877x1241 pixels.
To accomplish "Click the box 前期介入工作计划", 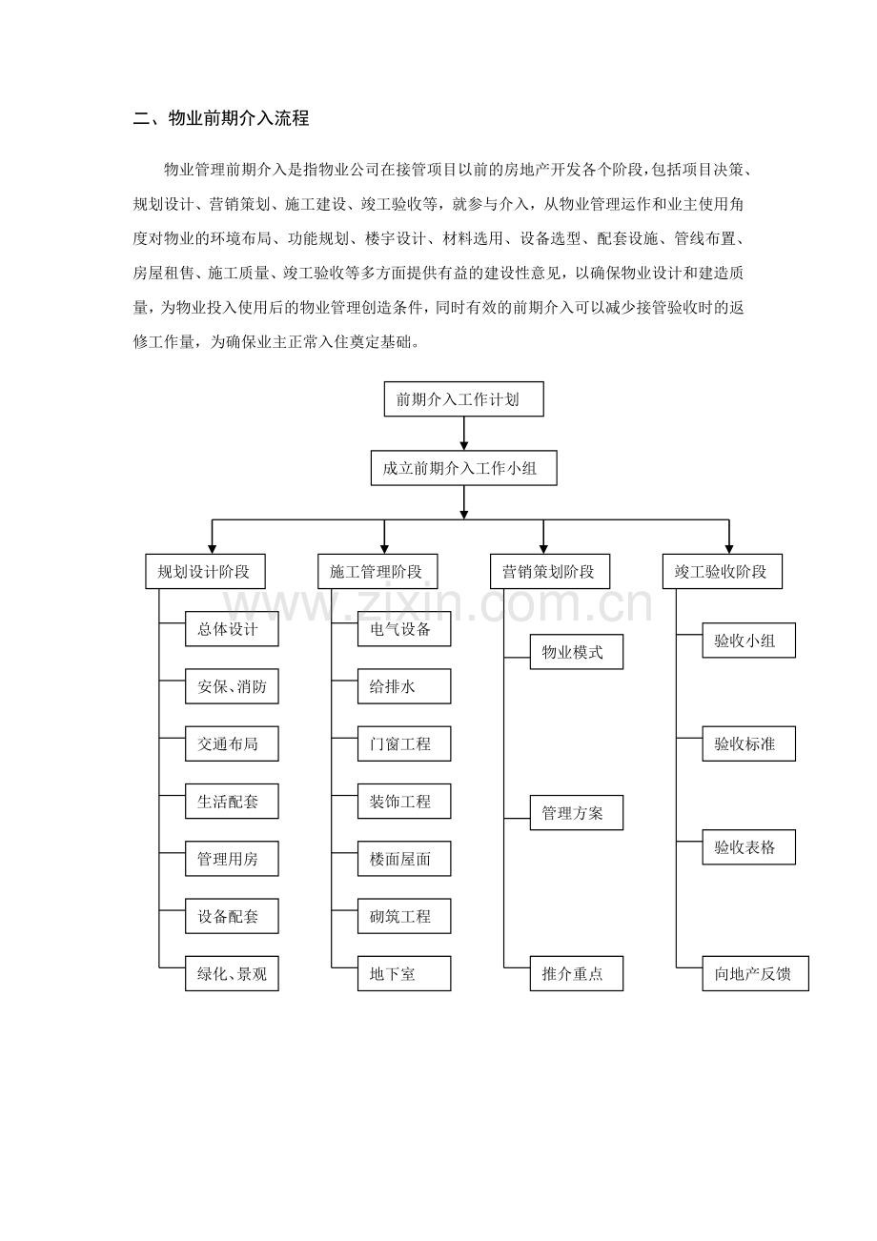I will click(463, 399).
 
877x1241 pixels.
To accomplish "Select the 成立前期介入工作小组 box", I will click(463, 468).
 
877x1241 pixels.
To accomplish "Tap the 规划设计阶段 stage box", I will click(204, 572).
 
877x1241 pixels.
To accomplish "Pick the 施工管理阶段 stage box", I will click(377, 572).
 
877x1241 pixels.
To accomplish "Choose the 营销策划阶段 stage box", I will click(549, 572).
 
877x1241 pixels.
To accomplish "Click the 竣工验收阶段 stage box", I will click(722, 572).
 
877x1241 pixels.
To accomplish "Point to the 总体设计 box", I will click(232, 629).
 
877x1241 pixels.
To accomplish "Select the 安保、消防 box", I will click(232, 686).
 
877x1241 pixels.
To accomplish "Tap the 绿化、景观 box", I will click(232, 974).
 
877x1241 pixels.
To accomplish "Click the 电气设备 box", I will click(404, 629).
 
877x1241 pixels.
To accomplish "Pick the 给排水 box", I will click(404, 686).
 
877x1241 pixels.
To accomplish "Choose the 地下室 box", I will click(404, 974).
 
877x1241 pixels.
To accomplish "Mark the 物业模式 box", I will click(576, 652).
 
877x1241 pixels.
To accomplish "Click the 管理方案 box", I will click(576, 813).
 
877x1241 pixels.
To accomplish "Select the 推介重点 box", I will click(576, 974).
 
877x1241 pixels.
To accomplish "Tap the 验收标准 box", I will click(748, 743).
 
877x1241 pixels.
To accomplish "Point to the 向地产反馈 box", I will click(755, 974).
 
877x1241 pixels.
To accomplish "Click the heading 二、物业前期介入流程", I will click(221, 119).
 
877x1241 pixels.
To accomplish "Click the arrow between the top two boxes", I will click(464, 434).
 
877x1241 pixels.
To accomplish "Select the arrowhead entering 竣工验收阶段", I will click(729, 548).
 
